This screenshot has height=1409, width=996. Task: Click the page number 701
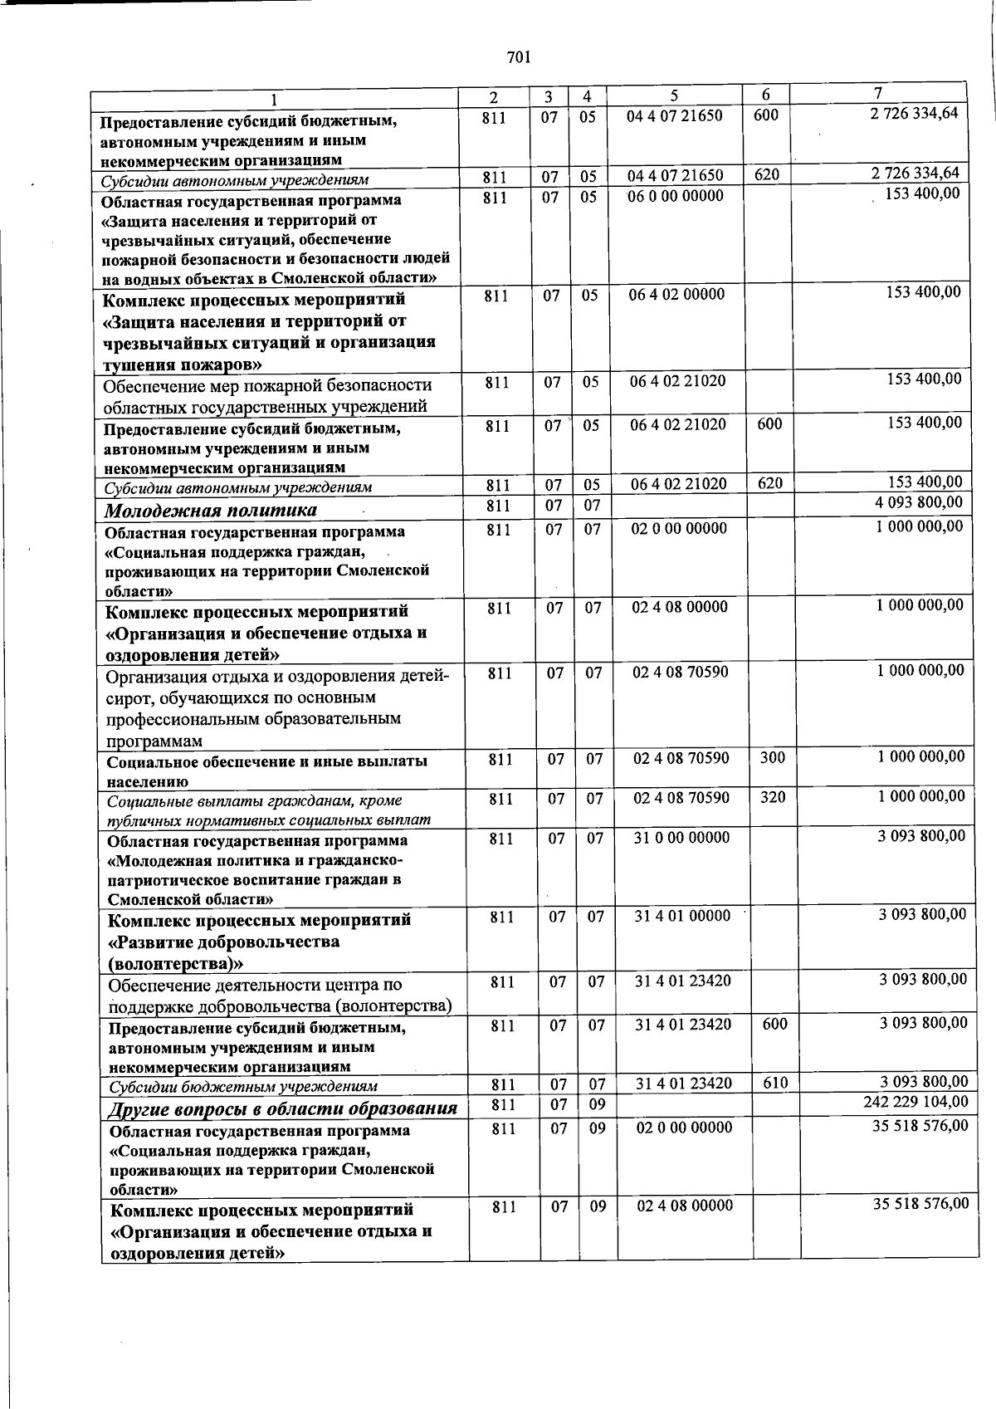518,57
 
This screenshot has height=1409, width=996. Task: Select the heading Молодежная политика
210,510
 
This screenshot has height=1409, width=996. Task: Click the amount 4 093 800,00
919,502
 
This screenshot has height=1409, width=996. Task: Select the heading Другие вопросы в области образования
283,1108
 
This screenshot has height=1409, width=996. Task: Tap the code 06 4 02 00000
676,295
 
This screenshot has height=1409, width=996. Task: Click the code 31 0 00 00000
681,838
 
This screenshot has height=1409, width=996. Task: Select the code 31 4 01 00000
682,916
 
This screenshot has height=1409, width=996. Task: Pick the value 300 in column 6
772,757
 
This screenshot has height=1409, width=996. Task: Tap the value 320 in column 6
772,797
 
